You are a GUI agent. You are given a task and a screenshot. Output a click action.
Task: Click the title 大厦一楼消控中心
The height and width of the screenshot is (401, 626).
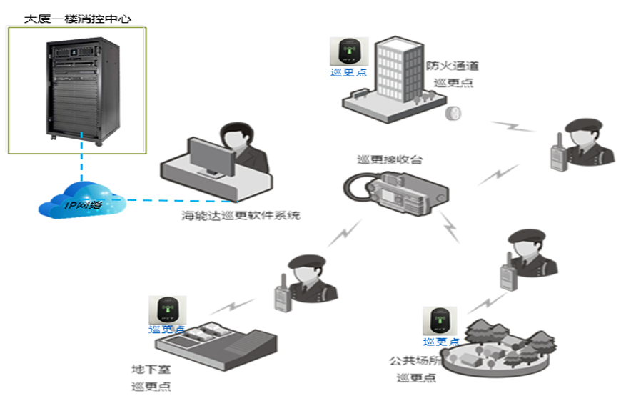coord(78,16)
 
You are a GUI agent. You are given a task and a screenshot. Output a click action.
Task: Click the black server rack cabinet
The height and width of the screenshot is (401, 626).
coord(78,89)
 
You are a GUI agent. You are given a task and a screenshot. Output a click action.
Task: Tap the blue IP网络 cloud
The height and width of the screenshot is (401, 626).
coord(82,202)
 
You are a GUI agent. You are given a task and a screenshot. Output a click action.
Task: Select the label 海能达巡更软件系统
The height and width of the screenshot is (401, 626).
coord(240,215)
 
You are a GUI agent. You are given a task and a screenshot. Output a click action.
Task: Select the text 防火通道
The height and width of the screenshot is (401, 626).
coord(453,66)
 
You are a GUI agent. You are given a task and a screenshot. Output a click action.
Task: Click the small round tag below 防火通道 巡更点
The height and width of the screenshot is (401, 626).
coord(452,113)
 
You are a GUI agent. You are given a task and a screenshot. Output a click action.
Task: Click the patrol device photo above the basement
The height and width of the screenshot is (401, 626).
coord(167,310)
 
